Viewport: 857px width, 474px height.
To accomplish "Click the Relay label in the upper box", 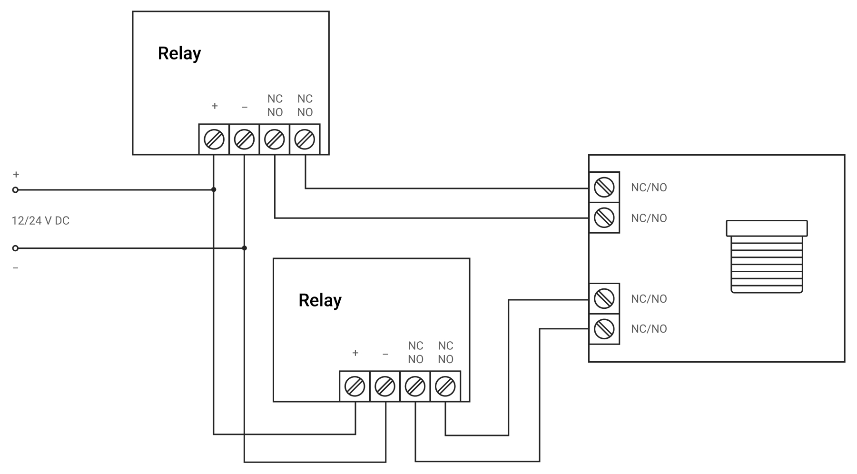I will click(179, 53).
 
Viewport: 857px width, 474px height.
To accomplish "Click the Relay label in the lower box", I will click(320, 300).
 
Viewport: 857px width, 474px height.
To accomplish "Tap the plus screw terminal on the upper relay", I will click(214, 140).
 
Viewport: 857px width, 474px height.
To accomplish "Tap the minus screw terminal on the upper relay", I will click(244, 140).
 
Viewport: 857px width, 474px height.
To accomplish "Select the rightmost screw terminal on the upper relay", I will click(305, 140).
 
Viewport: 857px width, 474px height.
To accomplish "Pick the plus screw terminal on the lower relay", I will click(355, 386).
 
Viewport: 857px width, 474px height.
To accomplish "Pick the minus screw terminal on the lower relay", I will click(385, 386).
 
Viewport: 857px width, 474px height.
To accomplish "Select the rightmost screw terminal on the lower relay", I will click(445, 386).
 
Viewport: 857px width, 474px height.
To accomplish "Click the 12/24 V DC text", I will click(40, 221).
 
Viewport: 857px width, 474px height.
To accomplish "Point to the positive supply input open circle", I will click(15, 190).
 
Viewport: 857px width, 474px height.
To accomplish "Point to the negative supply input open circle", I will click(15, 248).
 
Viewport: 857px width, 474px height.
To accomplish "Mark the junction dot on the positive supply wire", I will click(214, 189).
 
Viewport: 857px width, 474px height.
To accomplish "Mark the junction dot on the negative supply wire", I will click(245, 248).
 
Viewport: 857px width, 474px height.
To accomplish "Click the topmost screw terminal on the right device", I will click(604, 188).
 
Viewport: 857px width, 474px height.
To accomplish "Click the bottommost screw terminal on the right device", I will click(604, 329).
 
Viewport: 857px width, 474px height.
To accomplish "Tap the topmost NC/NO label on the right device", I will click(649, 188).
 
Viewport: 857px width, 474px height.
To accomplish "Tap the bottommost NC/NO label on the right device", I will click(649, 329).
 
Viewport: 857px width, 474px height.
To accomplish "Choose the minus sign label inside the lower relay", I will click(385, 354).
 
